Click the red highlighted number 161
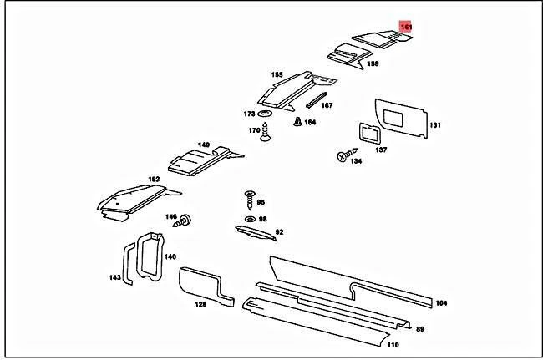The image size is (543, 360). click(406, 28)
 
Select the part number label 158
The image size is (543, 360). click(373, 63)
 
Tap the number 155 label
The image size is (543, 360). click(276, 74)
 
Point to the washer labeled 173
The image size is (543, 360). click(266, 114)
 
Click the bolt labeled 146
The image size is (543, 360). click(186, 220)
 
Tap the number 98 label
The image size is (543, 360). click(262, 218)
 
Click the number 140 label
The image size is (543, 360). click(170, 256)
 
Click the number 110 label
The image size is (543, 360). click(393, 344)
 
